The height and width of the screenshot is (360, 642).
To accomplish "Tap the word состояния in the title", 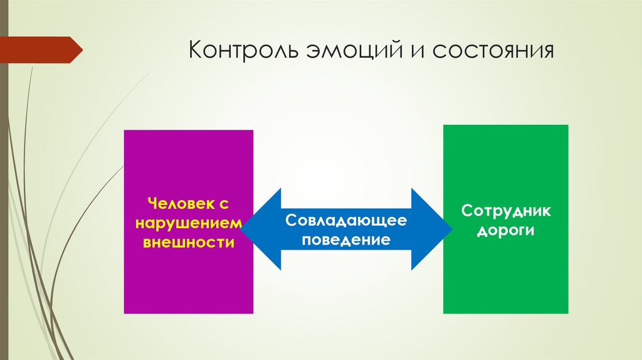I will click(493, 50).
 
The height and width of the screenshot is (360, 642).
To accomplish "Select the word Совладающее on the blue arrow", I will click(347, 220).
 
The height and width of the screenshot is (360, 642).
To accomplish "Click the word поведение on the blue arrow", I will click(346, 240).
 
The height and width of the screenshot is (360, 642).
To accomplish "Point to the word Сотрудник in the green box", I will click(506, 210).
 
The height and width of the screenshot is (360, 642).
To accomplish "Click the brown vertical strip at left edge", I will click(3, 188).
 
